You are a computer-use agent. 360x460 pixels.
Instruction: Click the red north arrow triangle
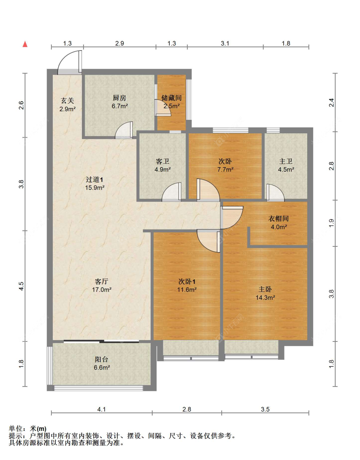25,44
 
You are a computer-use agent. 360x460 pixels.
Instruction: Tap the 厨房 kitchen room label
119,98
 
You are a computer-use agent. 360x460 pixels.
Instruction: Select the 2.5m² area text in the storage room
172,106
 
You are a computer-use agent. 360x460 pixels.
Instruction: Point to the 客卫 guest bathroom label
162,161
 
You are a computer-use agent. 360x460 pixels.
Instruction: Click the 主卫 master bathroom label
285,161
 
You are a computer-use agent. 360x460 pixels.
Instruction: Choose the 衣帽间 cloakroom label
278,219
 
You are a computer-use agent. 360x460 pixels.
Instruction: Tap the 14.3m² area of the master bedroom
265,298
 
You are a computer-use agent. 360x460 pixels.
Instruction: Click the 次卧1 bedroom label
187,282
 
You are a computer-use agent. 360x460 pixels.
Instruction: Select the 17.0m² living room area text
101,290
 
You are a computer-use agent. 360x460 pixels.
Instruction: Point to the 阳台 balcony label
101,360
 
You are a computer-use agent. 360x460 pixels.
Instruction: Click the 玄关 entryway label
68,101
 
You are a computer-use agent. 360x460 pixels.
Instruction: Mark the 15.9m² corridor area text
94,188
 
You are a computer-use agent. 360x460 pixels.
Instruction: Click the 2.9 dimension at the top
119,43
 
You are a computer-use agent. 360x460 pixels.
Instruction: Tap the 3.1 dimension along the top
225,43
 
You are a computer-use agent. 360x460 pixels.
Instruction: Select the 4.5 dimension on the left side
21,286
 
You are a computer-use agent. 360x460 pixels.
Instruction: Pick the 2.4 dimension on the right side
332,103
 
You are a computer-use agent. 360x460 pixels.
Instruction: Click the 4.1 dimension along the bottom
101,409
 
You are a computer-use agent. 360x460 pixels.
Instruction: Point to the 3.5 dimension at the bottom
265,409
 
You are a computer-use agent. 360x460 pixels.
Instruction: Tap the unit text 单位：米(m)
28,429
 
